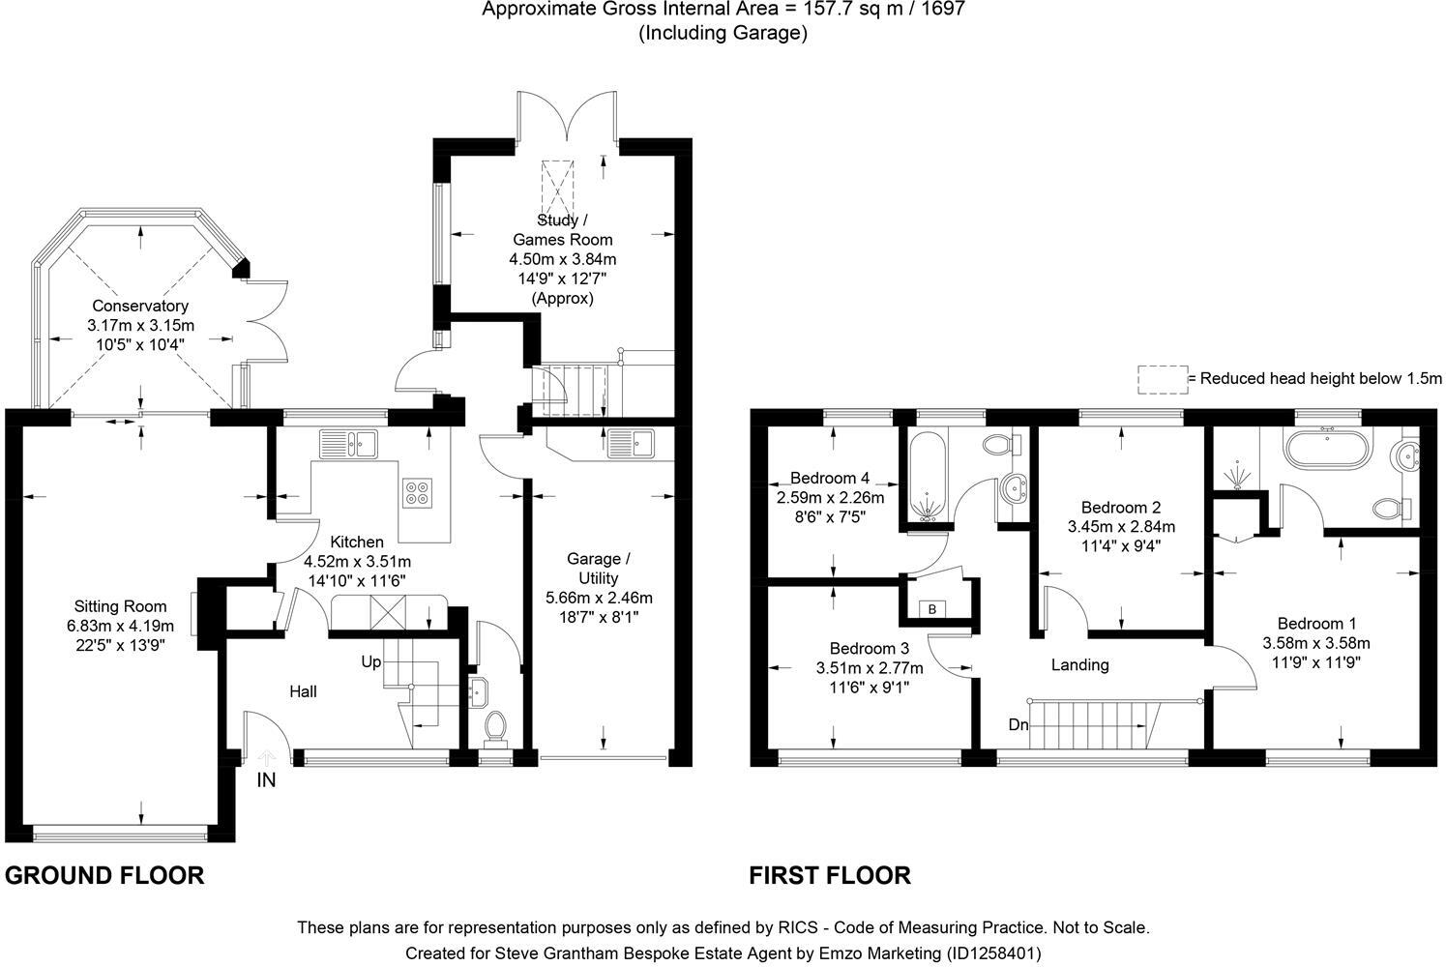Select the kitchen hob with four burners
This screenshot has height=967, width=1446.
point(417,493)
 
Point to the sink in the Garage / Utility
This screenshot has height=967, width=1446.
point(631,444)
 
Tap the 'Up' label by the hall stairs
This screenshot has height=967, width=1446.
point(371,662)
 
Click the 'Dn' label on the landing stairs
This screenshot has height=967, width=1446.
point(1018,724)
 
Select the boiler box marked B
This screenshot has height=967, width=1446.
point(932,609)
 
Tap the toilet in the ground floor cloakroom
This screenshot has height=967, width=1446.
point(494,727)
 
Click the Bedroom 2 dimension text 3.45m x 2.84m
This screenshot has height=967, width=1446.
point(1121,527)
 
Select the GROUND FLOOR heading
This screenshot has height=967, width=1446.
point(104,876)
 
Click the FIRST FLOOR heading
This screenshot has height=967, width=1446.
point(830,876)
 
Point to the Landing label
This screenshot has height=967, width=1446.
point(1079,665)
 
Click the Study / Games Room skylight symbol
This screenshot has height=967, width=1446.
point(557,184)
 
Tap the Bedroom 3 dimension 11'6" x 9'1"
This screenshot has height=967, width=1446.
point(870,688)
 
